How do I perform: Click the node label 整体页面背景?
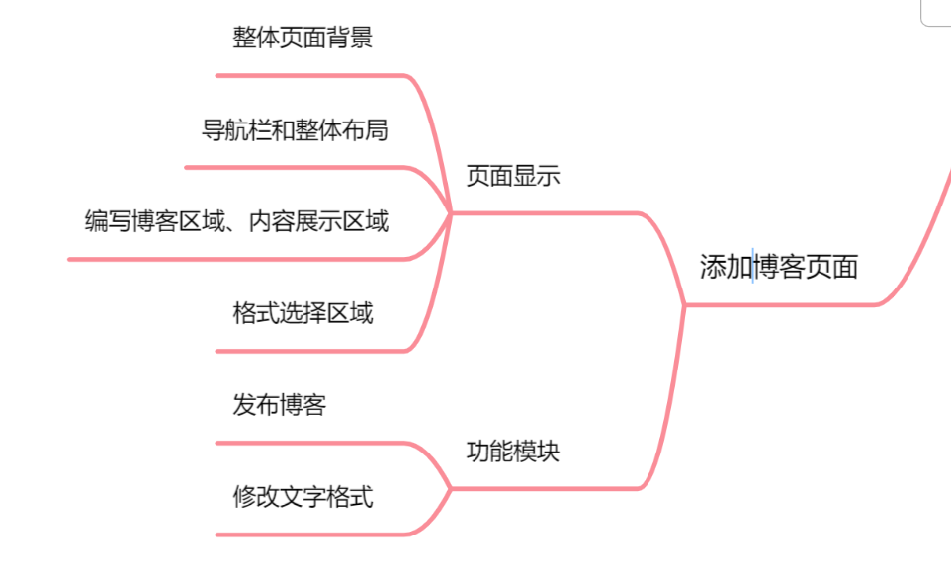(303, 39)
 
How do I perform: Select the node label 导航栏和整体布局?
(295, 129)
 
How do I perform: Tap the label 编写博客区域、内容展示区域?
(236, 221)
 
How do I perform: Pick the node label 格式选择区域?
(303, 314)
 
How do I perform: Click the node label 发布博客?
(280, 405)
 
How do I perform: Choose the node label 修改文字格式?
(303, 496)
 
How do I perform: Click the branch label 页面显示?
(513, 177)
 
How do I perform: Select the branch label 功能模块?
(513, 452)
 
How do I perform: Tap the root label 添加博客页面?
(778, 267)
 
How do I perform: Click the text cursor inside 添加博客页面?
(753, 267)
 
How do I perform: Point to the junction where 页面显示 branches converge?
(451, 212)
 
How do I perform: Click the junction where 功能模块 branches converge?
(451, 488)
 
